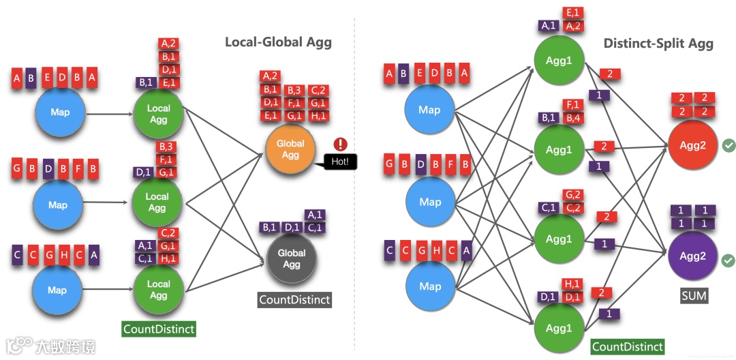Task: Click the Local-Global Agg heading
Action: pos(278,42)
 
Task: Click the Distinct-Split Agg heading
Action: pos(658,44)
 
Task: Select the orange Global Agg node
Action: pos(291,151)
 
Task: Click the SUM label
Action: pos(694,296)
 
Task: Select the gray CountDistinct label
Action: pos(294,299)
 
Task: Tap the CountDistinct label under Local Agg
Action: pos(159,329)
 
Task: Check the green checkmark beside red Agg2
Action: pos(729,145)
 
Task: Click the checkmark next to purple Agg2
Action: pos(729,260)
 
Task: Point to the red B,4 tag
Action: pos(572,117)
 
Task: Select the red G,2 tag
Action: pos(572,194)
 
